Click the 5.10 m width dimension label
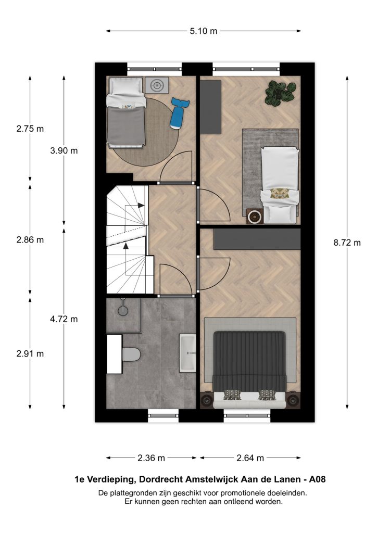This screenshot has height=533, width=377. click(203, 31)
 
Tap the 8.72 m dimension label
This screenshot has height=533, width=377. click(347, 243)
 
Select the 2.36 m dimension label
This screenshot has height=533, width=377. click(152, 458)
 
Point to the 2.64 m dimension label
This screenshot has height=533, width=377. click(250, 458)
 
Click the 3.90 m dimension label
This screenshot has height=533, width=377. click(64, 150)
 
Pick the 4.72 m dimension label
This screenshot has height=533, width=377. click(64, 319)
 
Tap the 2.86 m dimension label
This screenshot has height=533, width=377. click(30, 239)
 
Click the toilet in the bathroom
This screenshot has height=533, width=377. click(131, 354)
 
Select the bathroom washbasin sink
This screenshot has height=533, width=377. click(187, 353)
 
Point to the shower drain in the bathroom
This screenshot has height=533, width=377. click(123, 310)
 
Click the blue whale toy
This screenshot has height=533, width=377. click(179, 113)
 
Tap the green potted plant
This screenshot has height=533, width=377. click(280, 93)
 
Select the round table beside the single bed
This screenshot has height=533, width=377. click(254, 217)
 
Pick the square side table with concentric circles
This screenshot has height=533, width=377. click(157, 85)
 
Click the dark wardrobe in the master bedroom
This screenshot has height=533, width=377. click(257, 239)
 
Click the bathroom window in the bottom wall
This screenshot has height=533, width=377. click(164, 415)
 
